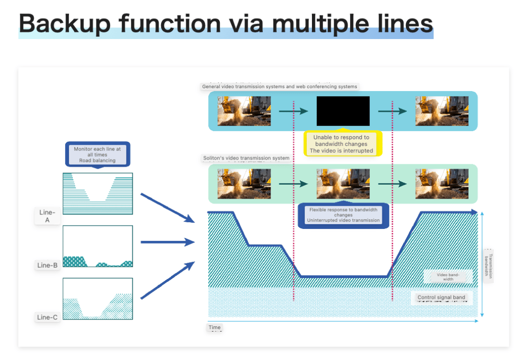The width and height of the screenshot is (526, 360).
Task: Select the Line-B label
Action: (47, 265)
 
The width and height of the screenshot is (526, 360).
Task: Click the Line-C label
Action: (47, 317)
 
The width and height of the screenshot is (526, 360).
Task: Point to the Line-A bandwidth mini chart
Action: (97, 193)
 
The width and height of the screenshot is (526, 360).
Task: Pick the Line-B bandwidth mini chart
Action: (97, 246)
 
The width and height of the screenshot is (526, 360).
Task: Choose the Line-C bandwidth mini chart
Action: (97, 298)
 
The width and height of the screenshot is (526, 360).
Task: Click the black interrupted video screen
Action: (343, 111)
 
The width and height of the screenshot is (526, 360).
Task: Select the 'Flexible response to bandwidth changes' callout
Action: (343, 215)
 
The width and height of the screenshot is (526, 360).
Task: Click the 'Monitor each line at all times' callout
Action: (97, 154)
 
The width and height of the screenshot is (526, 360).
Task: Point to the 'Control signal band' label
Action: (441, 297)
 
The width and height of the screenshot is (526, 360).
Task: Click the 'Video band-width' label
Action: (445, 276)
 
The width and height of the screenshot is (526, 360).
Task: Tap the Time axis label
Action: (215, 328)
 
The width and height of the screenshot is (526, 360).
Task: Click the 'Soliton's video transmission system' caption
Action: (246, 158)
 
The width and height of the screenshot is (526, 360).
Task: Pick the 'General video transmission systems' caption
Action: (280, 87)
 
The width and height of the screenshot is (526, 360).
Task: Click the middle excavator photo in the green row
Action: (343, 184)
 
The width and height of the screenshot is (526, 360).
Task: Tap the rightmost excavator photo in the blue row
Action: (442, 111)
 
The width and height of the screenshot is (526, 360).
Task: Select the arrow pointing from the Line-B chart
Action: (167, 242)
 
